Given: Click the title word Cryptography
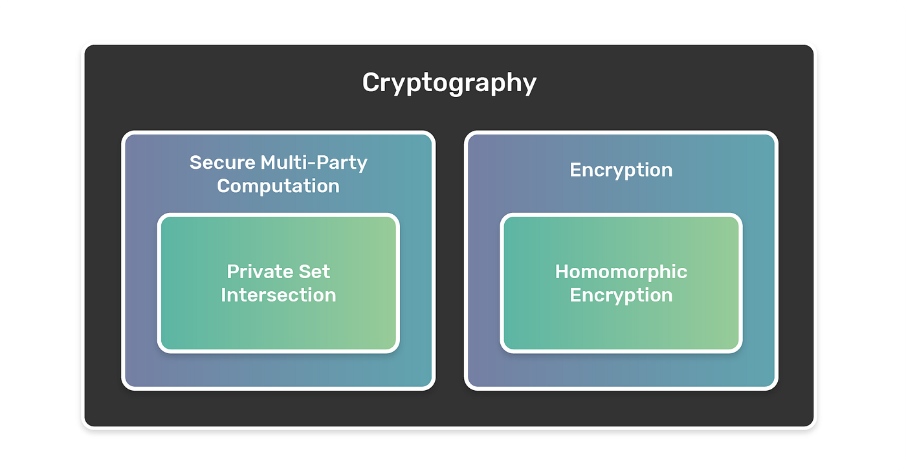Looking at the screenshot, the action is tap(449, 83).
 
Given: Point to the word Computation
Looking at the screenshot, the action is tap(278, 186).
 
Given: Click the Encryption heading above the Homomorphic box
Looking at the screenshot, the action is tap(621, 170).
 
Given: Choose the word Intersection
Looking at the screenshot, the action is tap(278, 295).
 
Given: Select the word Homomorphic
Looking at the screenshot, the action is tap(621, 271).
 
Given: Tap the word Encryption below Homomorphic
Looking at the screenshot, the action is tap(621, 295).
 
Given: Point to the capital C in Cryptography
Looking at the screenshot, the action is tap(371, 83).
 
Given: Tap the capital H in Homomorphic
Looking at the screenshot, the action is tap(562, 271).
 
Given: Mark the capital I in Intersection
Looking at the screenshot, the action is tap(224, 295).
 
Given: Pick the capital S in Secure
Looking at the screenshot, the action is tap(195, 162).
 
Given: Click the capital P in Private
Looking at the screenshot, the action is tap(232, 271).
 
